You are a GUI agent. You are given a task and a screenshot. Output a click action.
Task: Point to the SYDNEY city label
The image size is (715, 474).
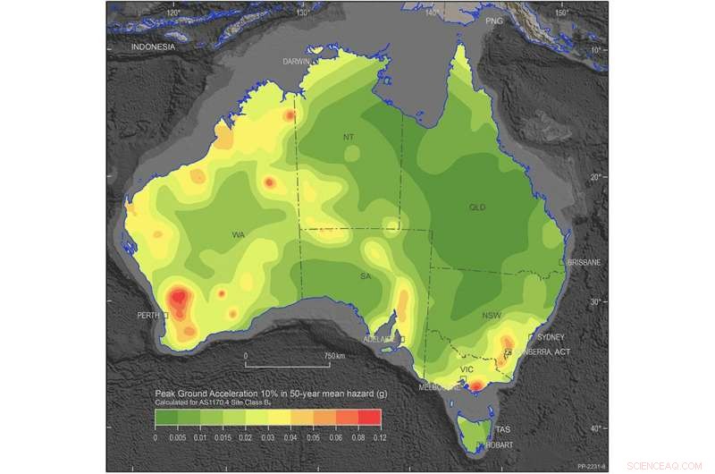click(x=551, y=337)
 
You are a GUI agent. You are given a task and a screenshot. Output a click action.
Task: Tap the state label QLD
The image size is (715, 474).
click(x=476, y=207)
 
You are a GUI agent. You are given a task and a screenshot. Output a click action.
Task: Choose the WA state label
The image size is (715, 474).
click(x=239, y=235)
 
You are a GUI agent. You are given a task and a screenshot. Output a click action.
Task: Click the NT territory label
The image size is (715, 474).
click(x=349, y=137)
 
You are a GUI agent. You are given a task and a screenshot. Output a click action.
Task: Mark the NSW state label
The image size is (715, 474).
click(x=492, y=316)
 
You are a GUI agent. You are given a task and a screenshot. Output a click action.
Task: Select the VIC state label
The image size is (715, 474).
click(x=466, y=368)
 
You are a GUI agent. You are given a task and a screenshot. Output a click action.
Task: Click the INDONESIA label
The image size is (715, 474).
click(x=153, y=47)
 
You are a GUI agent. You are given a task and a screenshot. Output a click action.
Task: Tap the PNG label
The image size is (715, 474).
click(x=494, y=20)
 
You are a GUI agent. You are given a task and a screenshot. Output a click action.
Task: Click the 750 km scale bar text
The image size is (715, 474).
click(x=332, y=356)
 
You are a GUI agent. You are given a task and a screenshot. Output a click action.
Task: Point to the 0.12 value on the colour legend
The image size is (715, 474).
click(x=380, y=438)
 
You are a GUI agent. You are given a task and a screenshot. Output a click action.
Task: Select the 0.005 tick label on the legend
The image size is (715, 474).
click(x=178, y=438)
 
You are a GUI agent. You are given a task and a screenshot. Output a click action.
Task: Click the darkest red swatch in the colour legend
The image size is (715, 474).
click(x=369, y=417)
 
